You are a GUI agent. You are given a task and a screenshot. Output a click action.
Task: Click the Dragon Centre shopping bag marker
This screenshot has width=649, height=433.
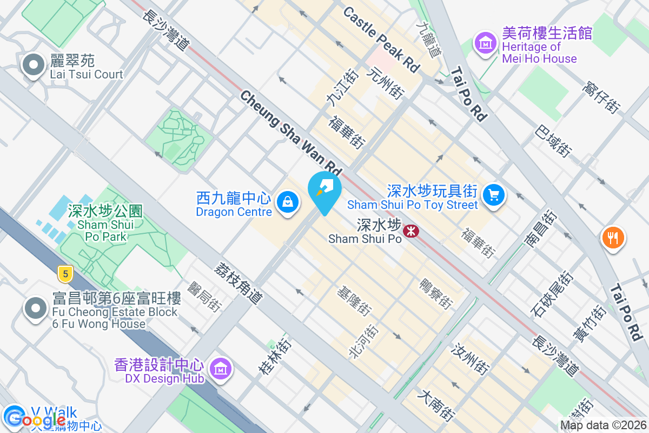(288, 202)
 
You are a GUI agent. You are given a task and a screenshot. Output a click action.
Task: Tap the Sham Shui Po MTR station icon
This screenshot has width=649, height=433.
(412, 231)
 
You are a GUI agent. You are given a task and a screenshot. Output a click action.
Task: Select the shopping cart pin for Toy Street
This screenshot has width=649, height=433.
(493, 195)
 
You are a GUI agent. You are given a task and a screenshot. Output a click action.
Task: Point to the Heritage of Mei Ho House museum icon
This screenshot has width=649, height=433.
(485, 42)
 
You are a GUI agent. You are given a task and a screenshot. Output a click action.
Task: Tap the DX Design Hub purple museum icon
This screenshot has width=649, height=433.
(220, 369)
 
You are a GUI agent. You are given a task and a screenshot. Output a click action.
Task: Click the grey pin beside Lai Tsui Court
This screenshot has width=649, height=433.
(34, 65)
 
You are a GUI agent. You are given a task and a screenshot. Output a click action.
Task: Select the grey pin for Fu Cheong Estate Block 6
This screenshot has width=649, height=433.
(36, 309)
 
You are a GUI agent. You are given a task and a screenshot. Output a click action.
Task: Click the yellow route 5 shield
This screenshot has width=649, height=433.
(65, 274)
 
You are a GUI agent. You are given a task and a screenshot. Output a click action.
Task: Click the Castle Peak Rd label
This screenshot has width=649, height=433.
(381, 40)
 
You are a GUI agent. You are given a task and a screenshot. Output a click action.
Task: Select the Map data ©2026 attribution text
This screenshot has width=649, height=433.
(602, 425)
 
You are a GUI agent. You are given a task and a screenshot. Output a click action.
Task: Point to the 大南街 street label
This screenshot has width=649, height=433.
(435, 406)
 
